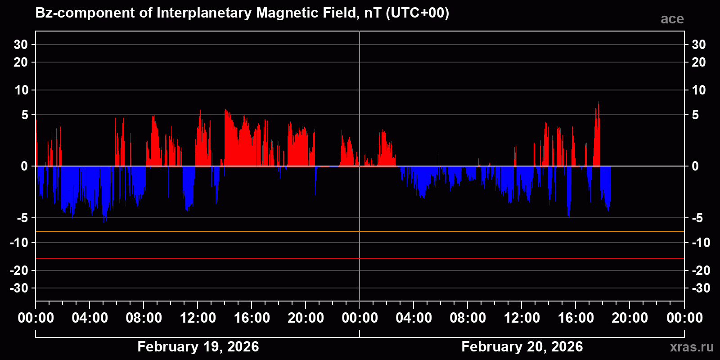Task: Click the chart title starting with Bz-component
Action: pos(242,13)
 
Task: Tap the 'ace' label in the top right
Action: pos(672,19)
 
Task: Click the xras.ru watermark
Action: pos(691,347)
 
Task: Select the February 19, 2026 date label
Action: pos(198,346)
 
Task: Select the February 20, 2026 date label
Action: pos(522,346)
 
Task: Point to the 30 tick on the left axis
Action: pos(21,45)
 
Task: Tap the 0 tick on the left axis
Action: pos(24,166)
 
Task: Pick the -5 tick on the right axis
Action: pos(697,218)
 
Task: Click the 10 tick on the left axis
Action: pos(21,90)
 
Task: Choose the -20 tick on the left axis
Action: pos(19,270)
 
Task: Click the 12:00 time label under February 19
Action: pos(198,318)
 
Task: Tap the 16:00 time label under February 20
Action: pos(576,318)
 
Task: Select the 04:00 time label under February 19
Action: pos(90,318)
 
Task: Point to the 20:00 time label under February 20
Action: pos(630,318)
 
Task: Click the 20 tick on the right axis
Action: pos(698,62)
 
